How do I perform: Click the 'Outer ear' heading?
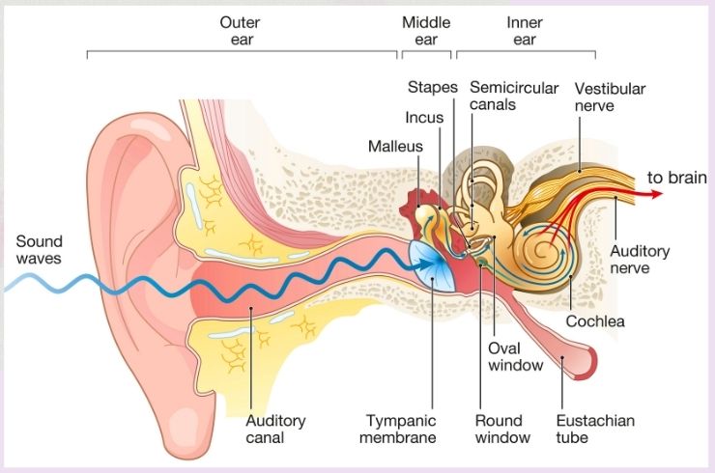241,31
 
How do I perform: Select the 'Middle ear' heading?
426,31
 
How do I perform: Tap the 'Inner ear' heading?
525,31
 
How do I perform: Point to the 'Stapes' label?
432,87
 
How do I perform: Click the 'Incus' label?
424,118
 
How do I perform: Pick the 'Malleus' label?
395,147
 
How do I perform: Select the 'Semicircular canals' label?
514,96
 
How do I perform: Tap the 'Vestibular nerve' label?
610,97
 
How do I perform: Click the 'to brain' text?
677,178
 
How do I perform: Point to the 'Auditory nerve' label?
640,260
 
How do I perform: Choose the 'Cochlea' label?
595,321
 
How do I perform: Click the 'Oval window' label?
515,357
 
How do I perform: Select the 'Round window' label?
502,429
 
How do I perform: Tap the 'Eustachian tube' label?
595,429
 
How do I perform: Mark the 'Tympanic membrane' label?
398,429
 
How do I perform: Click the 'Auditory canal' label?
275,429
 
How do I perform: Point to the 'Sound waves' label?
39,250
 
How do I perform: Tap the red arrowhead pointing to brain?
657,194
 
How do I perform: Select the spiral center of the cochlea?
543,249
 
